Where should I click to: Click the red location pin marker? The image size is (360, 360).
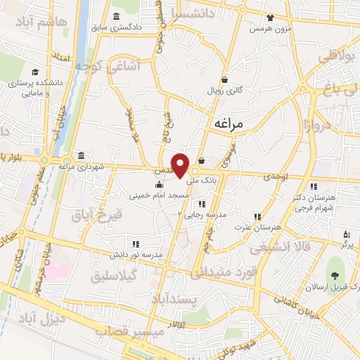(x=181, y=165)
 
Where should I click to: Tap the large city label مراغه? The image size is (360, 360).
(x=226, y=123)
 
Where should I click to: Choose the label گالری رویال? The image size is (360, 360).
(x=224, y=91)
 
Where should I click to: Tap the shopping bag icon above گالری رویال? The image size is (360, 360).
(x=224, y=79)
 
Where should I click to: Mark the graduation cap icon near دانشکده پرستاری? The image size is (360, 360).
(x=34, y=71)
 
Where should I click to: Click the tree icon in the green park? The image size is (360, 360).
(x=333, y=276)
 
